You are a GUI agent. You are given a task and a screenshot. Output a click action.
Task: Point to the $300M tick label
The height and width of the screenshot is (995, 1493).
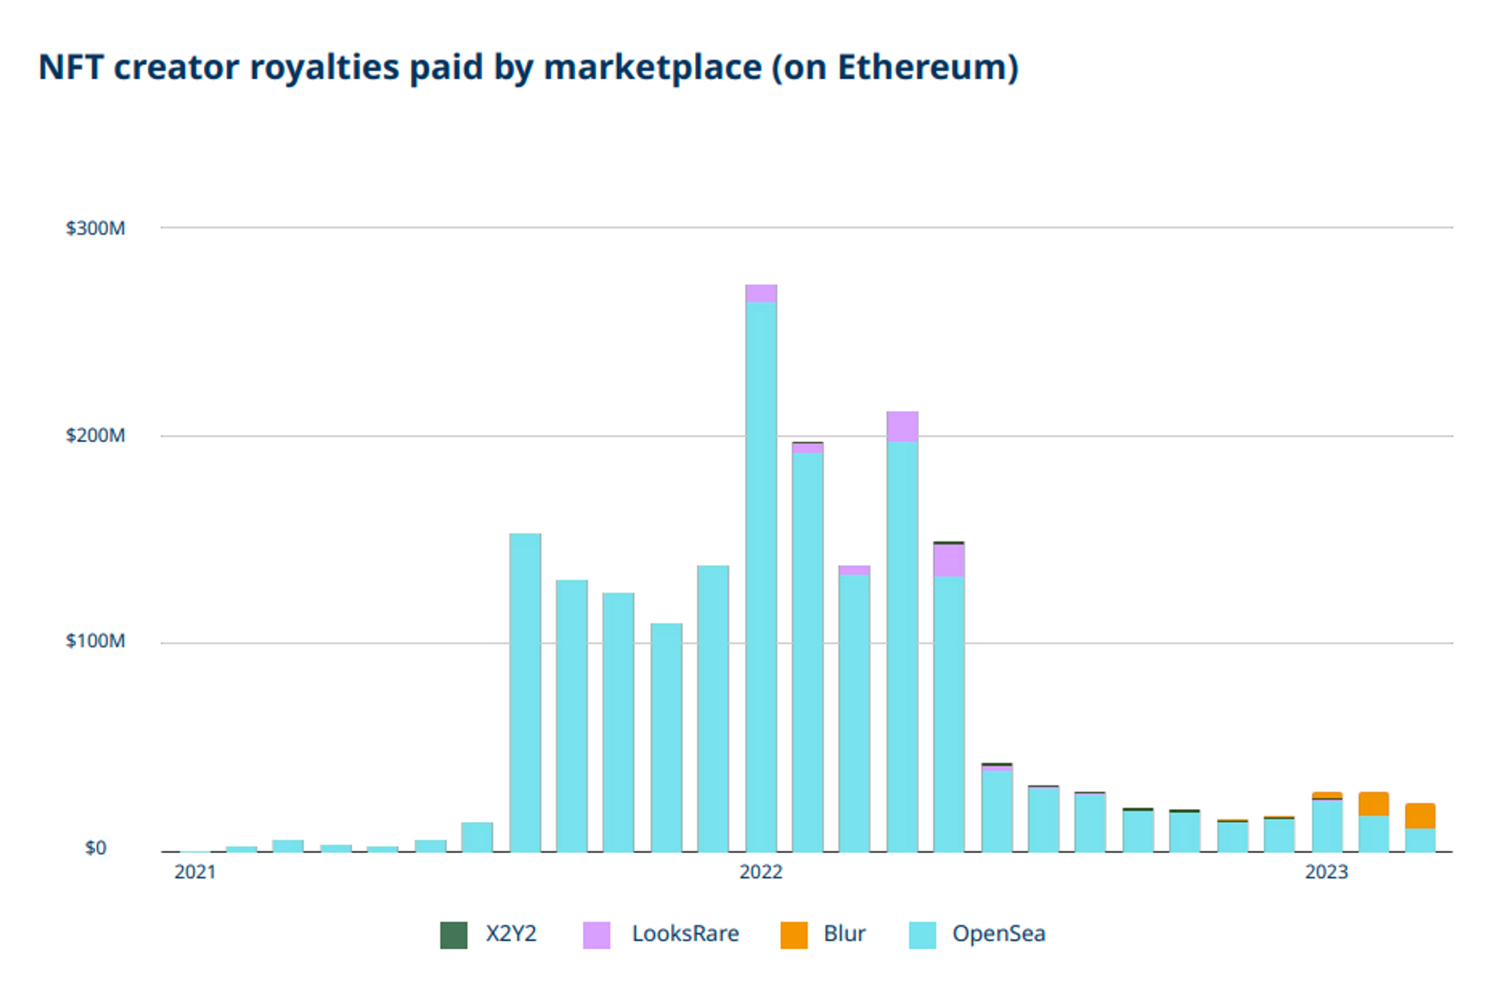[x=95, y=228]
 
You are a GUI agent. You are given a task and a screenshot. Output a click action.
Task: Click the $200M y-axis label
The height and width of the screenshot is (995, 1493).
[x=95, y=435]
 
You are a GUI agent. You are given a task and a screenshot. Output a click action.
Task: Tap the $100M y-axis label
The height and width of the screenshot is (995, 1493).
[x=95, y=641]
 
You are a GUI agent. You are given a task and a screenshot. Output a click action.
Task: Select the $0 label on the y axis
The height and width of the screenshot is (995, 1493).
[x=96, y=848]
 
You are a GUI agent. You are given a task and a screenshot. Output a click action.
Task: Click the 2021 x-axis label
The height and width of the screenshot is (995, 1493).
[x=195, y=872]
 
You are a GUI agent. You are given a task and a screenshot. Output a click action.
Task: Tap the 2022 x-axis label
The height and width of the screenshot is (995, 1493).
[x=761, y=872]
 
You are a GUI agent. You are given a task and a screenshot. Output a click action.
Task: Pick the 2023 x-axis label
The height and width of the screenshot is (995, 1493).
[x=1326, y=872]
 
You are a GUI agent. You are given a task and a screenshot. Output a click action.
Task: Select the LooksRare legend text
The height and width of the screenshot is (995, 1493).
[x=685, y=934]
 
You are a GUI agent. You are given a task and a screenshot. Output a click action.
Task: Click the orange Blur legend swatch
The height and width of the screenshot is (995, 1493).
[x=794, y=935]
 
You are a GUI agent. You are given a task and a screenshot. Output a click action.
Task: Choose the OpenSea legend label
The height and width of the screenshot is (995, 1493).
[x=998, y=934]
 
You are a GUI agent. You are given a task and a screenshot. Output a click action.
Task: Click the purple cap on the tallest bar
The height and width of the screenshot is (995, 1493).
[x=761, y=293]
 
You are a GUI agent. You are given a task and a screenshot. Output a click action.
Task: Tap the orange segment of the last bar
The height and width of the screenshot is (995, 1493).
[x=1420, y=816]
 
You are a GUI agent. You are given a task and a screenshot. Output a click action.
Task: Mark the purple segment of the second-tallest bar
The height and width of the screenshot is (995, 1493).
[x=902, y=426]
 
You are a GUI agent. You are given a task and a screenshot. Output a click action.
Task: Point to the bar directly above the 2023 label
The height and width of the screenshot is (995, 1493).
[x=1327, y=825]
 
